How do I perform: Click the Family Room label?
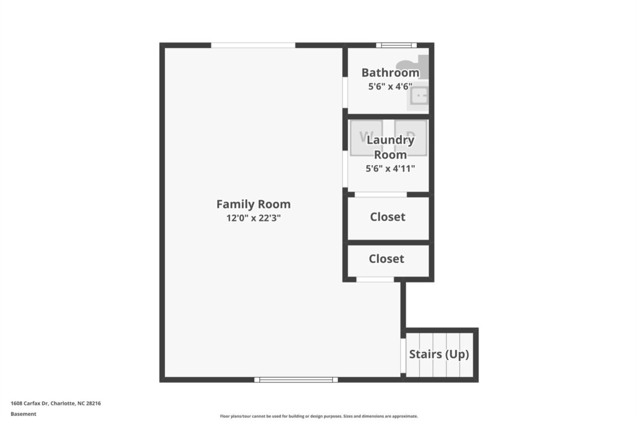(254, 204)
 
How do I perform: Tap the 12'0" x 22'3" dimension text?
(254, 218)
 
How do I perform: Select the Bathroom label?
(390, 73)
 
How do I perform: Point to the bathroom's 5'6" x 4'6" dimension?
(390, 86)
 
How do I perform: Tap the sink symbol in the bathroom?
(418, 96)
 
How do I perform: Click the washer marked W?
(366, 138)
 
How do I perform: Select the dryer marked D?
(410, 138)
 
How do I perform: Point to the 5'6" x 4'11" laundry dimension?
(390, 168)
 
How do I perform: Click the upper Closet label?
(388, 217)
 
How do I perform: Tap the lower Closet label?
(387, 259)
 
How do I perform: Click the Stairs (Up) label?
(439, 354)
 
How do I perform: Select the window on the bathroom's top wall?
(397, 45)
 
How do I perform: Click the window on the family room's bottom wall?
(296, 380)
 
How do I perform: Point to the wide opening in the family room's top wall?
(253, 45)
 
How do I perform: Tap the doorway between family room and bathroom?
(345, 92)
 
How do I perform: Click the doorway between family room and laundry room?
(345, 169)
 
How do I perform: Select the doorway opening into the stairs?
(403, 356)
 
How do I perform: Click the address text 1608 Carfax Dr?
(30, 403)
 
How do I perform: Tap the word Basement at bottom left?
(23, 414)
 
